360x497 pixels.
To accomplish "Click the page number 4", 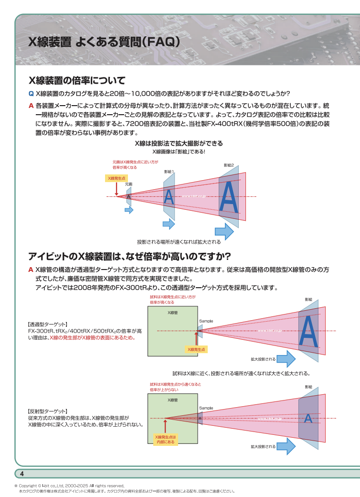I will (21, 474).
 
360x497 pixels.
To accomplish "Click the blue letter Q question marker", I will (31, 93).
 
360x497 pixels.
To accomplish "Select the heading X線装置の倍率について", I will (77, 80).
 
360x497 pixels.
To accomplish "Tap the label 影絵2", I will (229, 165).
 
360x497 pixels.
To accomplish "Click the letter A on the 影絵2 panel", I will (229, 197).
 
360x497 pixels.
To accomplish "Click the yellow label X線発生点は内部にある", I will (165, 440).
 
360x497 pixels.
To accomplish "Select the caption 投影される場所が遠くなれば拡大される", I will (179, 242).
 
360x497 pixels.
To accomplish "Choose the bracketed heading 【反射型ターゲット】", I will (47, 411).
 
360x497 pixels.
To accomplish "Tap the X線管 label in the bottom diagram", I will (172, 400).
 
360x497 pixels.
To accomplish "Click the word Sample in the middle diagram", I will (206, 321).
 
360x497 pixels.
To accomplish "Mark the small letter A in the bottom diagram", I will (308, 419).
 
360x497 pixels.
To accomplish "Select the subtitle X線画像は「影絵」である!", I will (179, 151).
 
